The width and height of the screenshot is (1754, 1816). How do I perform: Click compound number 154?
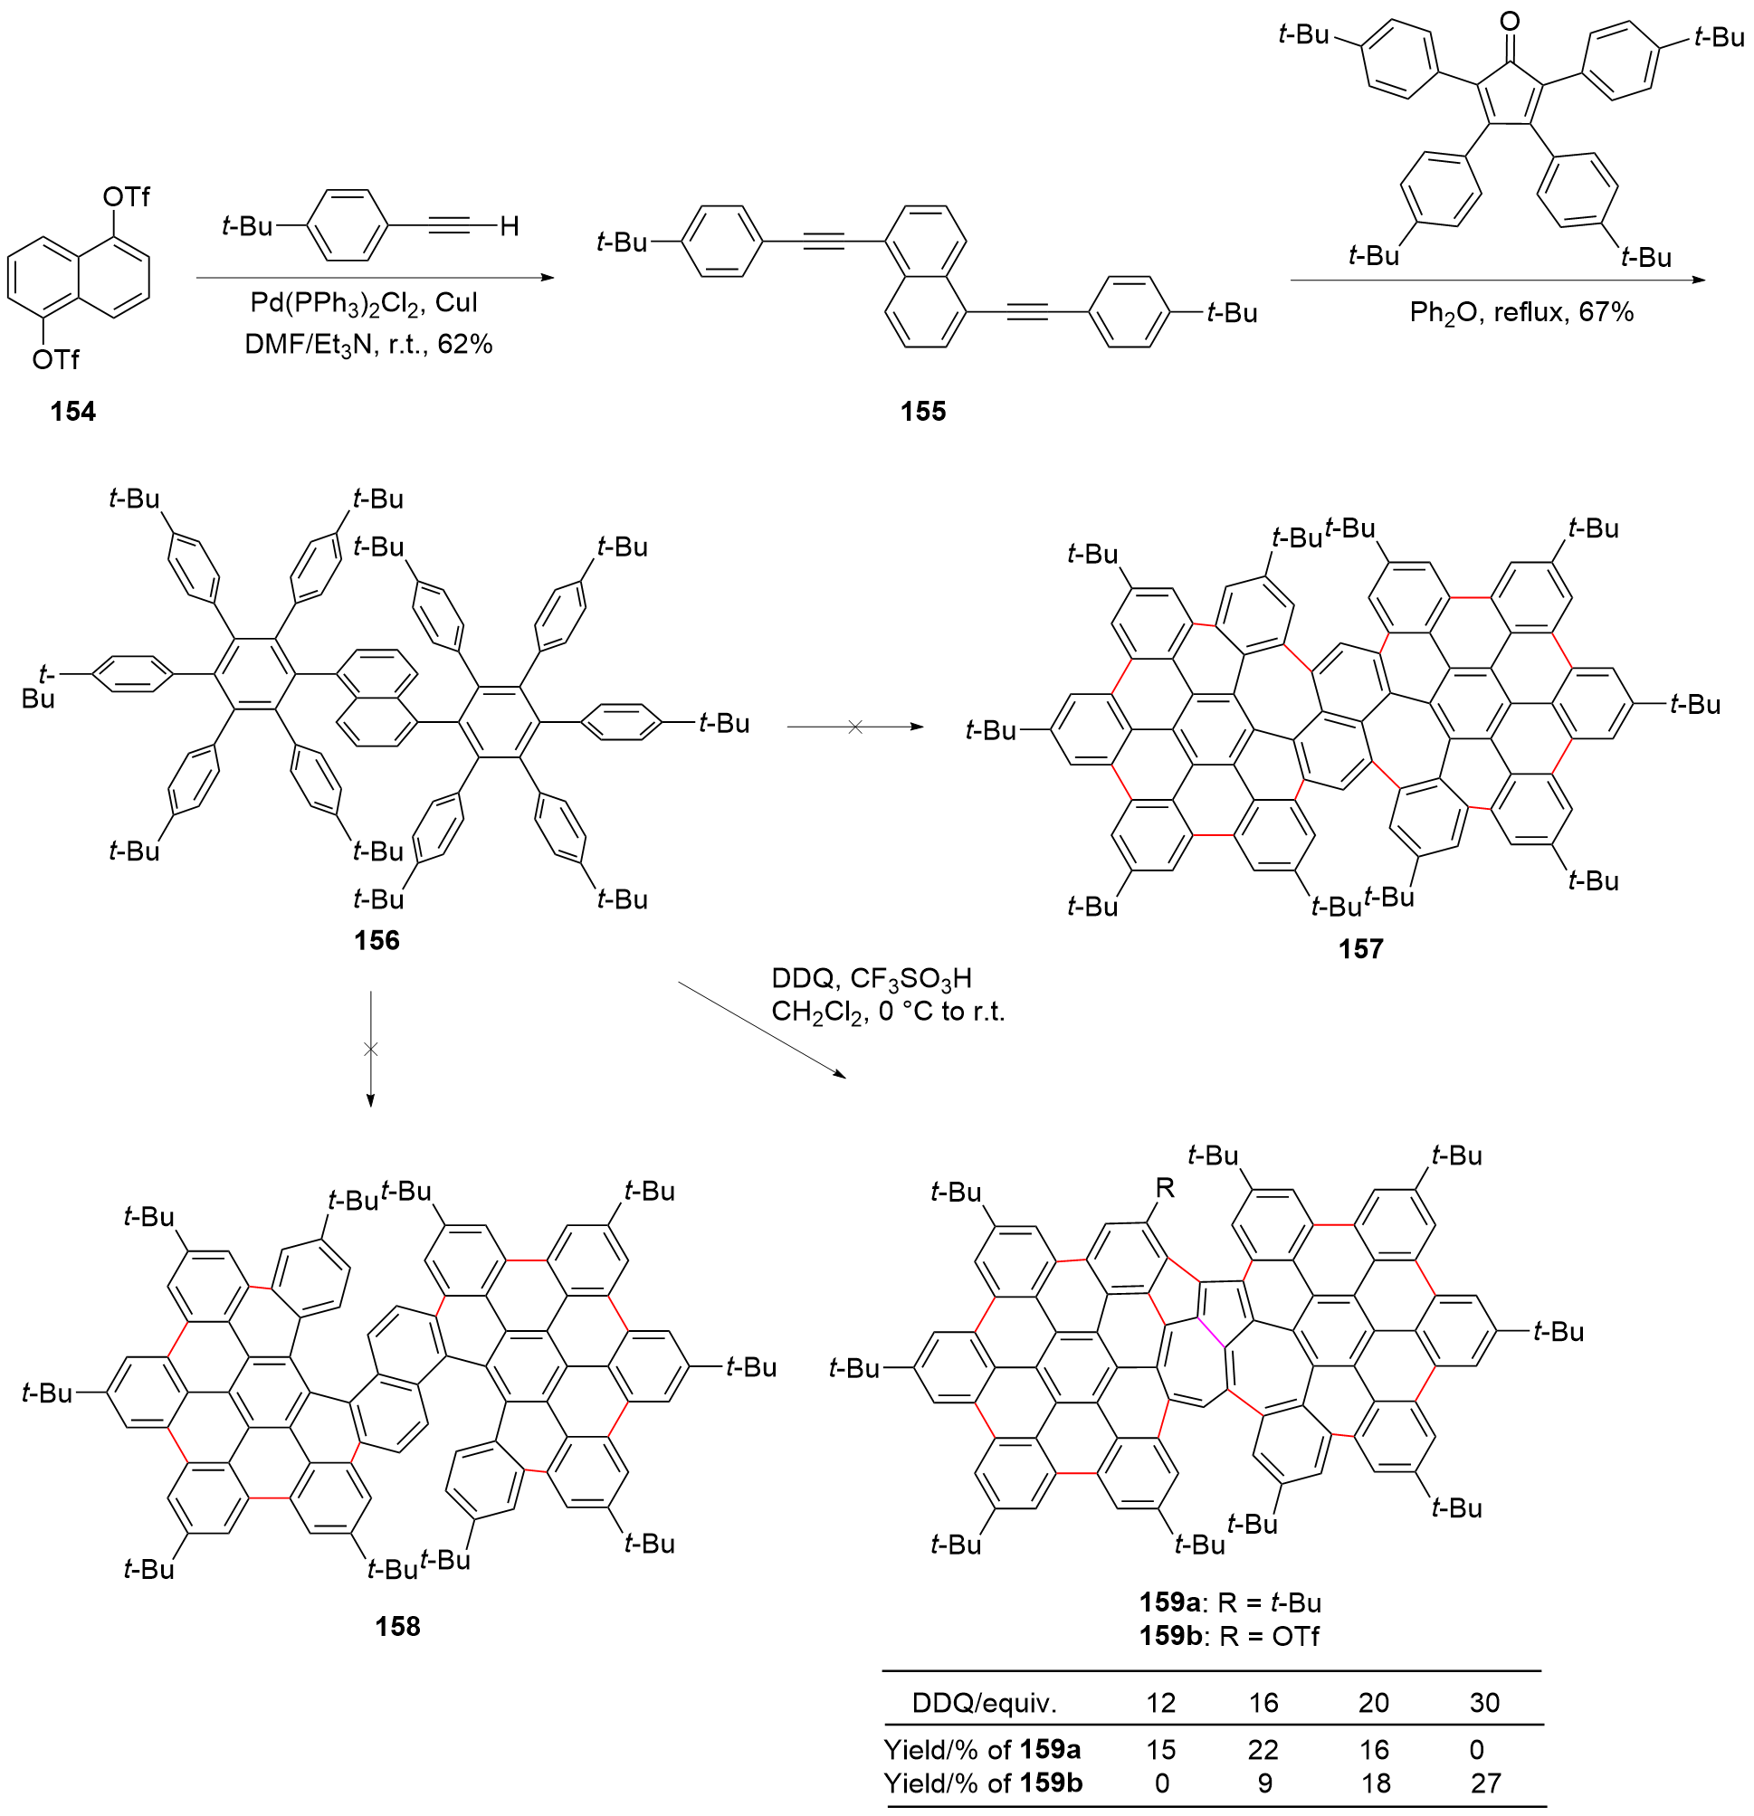tap(73, 411)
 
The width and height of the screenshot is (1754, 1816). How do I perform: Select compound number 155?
tap(923, 411)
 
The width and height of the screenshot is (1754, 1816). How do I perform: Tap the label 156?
tap(377, 940)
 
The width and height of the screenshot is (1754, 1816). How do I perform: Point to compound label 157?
tap(1360, 948)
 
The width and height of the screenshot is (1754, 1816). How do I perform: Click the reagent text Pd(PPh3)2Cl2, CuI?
tap(364, 303)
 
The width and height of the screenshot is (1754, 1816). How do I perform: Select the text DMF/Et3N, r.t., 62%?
tap(367, 345)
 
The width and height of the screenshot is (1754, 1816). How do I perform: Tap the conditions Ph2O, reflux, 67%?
tap(1521, 312)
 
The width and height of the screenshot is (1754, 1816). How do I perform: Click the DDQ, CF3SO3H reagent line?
tap(871, 978)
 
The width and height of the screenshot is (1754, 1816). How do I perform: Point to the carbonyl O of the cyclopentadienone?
tap(1510, 21)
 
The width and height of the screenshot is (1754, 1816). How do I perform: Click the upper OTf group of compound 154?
tap(126, 196)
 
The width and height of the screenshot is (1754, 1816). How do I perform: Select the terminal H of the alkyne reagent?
tap(509, 226)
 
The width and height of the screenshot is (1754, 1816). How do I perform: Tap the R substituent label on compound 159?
tap(1165, 1188)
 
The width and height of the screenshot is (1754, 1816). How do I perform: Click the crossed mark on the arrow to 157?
tap(855, 727)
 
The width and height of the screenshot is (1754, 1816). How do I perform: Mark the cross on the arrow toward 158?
tap(371, 1049)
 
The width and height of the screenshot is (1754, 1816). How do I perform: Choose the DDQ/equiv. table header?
tap(984, 1703)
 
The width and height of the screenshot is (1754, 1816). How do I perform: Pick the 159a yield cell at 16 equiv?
tap(1263, 1749)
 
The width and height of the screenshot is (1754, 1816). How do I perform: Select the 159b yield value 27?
tap(1485, 1783)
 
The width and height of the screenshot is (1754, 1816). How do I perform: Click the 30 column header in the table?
tap(1484, 1703)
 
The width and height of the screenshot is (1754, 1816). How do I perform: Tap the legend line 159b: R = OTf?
tap(1230, 1636)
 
